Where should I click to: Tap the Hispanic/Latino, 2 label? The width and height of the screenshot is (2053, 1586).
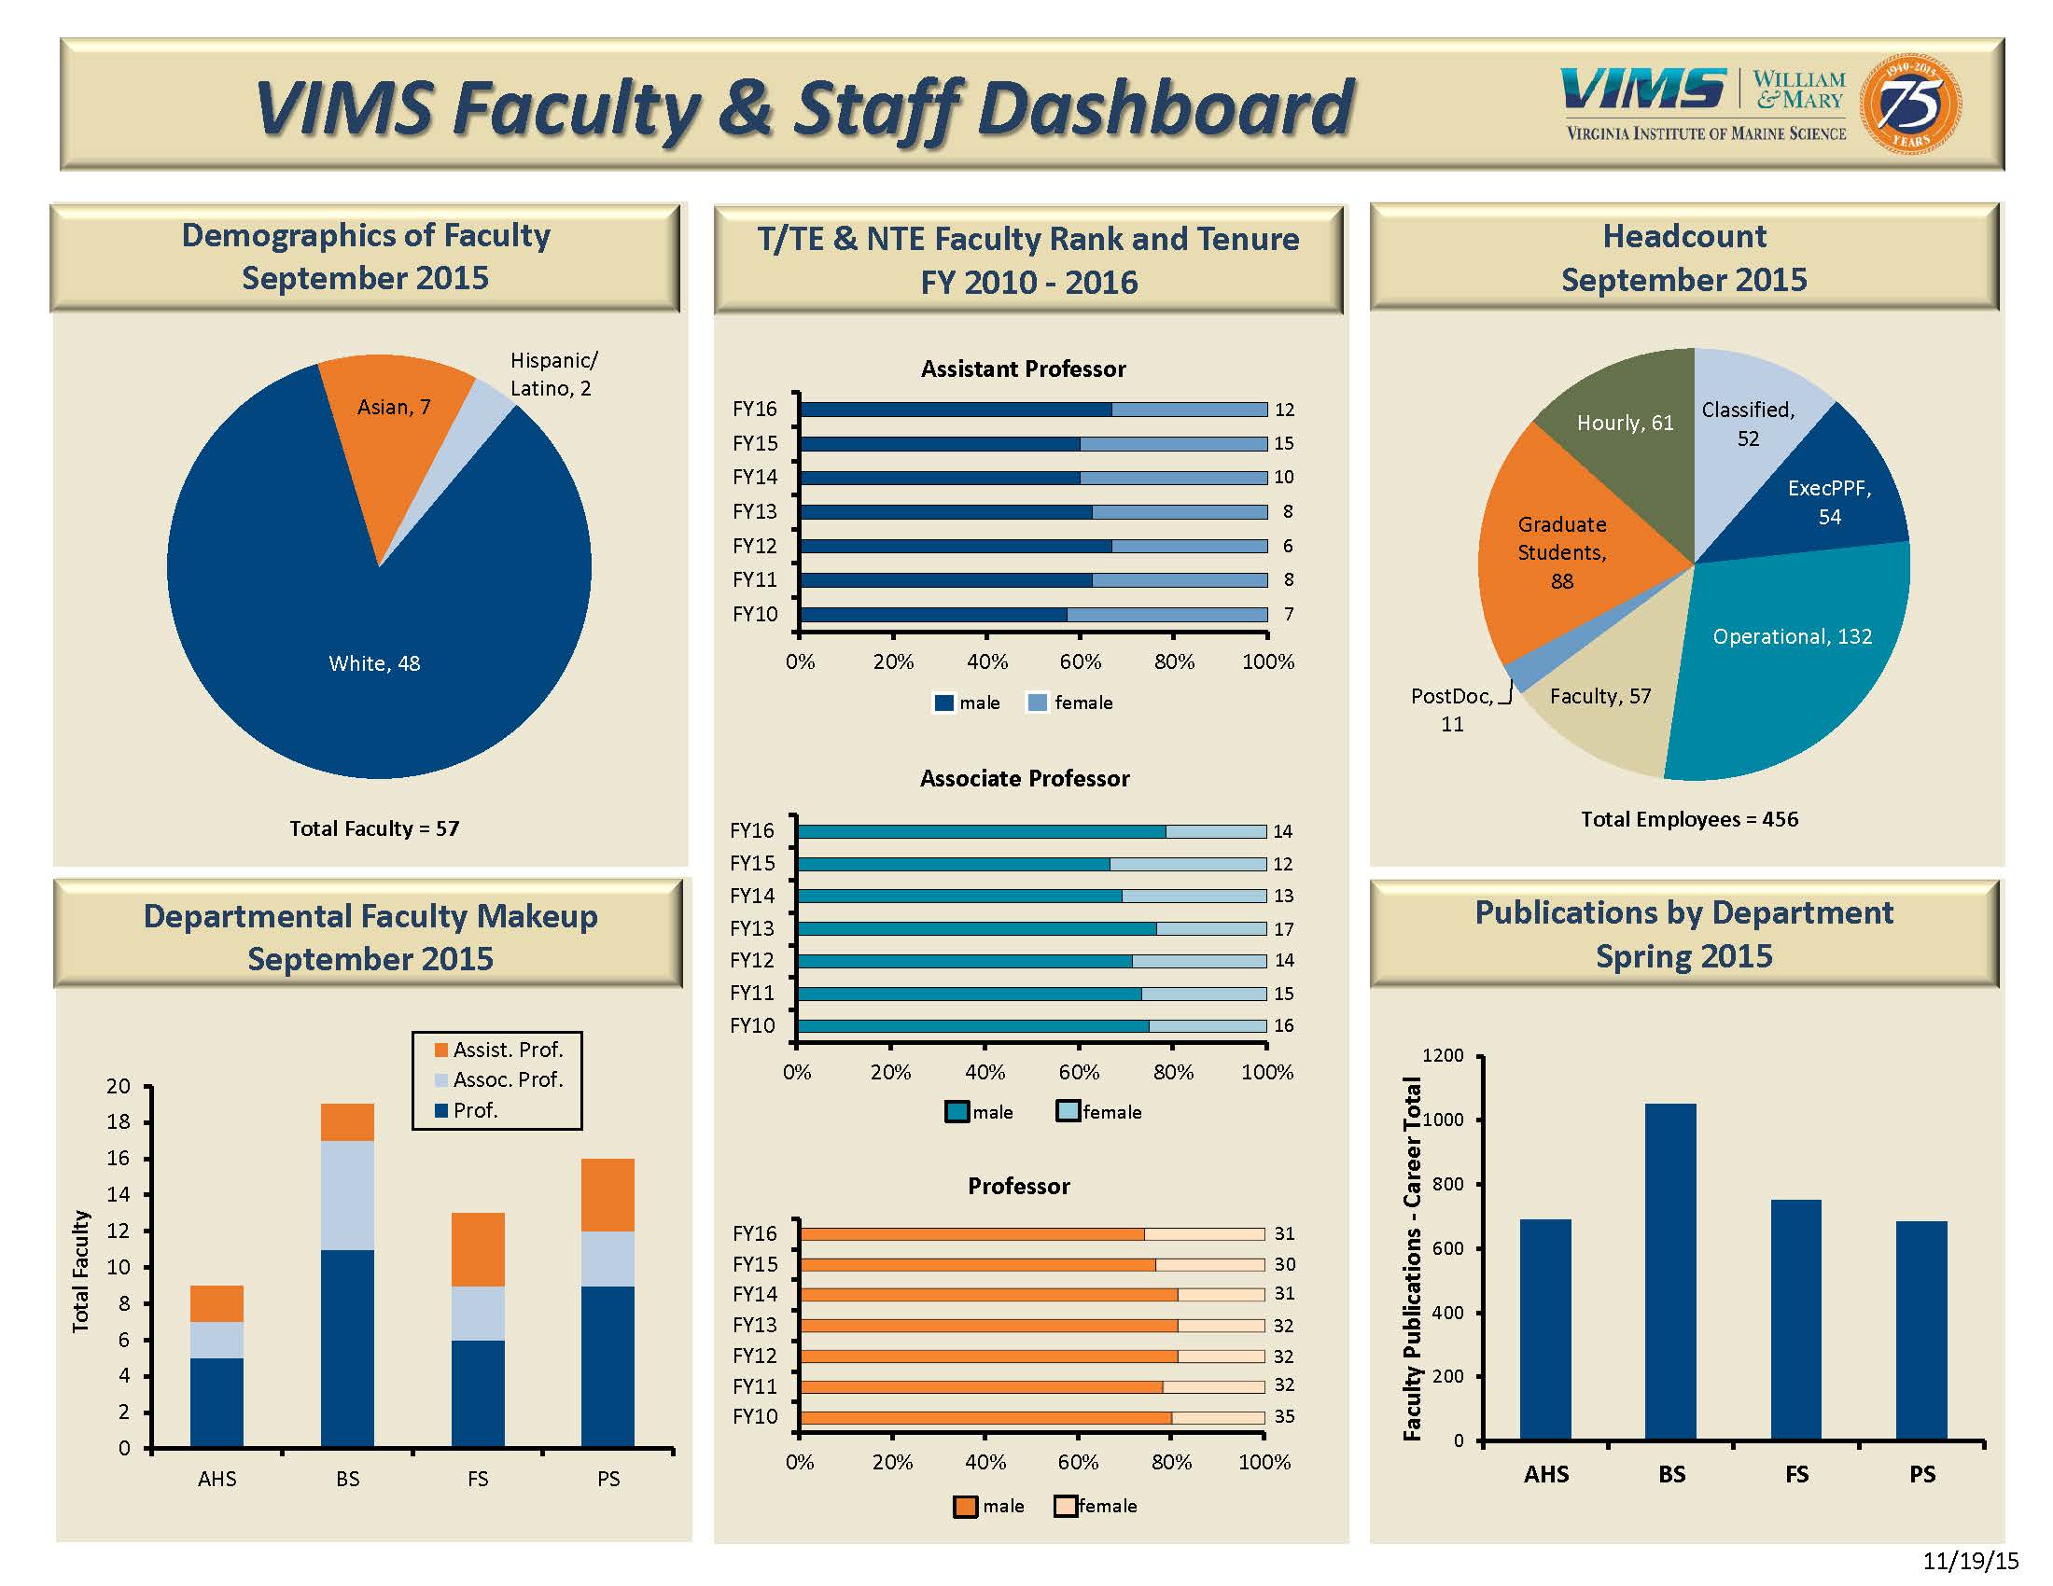pos(552,374)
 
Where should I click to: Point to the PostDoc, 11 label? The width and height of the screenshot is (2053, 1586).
pos(1451,709)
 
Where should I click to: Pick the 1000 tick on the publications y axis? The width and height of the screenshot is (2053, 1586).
pos(1443,1120)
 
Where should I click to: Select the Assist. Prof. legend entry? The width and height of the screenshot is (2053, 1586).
pos(497,1050)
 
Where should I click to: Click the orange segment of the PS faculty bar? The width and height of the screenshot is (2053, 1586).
pos(608,1194)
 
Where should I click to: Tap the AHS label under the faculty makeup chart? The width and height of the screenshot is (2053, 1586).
pos(217,1479)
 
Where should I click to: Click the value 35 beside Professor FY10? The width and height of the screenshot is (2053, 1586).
pos(1284,1416)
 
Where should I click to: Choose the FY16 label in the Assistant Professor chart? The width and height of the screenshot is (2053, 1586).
pos(755,409)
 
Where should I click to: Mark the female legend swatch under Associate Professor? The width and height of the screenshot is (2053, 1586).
pos(1067,1111)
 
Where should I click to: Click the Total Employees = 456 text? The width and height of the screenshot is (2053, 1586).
pos(1689,819)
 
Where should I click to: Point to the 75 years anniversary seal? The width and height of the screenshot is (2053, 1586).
pos(1910,104)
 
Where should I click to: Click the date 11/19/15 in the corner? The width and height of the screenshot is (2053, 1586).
pos(1970,1561)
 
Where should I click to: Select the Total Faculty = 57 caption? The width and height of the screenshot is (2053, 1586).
pos(374,828)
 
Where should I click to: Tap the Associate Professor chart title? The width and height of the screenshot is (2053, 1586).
pos(1025,778)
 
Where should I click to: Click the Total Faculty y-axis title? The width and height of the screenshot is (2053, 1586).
pos(81,1271)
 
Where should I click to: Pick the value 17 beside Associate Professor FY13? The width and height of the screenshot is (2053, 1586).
pos(1284,928)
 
